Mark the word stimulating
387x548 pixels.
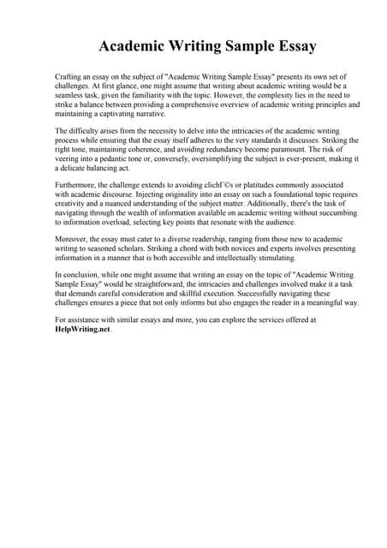tap(267, 258)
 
